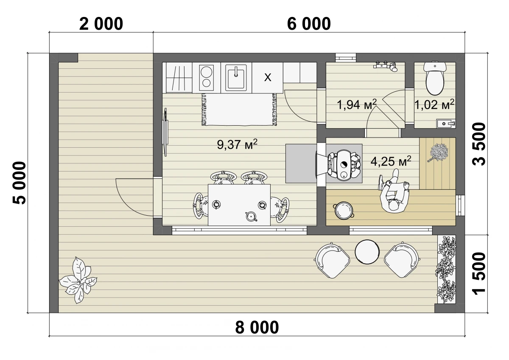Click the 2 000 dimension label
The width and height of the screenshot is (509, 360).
(101, 24)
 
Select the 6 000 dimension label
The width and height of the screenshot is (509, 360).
(309, 24)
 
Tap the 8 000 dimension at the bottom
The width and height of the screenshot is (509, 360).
(257, 327)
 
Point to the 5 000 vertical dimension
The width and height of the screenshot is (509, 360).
(20, 183)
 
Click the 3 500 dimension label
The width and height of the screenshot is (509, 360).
(478, 144)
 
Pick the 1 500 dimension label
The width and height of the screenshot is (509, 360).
(478, 273)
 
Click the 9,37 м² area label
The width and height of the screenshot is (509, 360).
(237, 144)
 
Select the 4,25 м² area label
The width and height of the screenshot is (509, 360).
(391, 161)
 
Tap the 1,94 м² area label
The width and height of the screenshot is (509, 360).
(357, 104)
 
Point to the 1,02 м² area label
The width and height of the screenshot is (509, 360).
(434, 104)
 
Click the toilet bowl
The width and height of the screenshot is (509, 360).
(435, 79)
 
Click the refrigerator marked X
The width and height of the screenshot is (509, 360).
(268, 78)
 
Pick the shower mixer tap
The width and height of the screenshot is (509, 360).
(386, 66)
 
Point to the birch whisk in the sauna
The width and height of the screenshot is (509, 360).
(438, 152)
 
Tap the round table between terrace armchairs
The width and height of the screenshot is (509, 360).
(367, 252)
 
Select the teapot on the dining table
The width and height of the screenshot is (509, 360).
(251, 216)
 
